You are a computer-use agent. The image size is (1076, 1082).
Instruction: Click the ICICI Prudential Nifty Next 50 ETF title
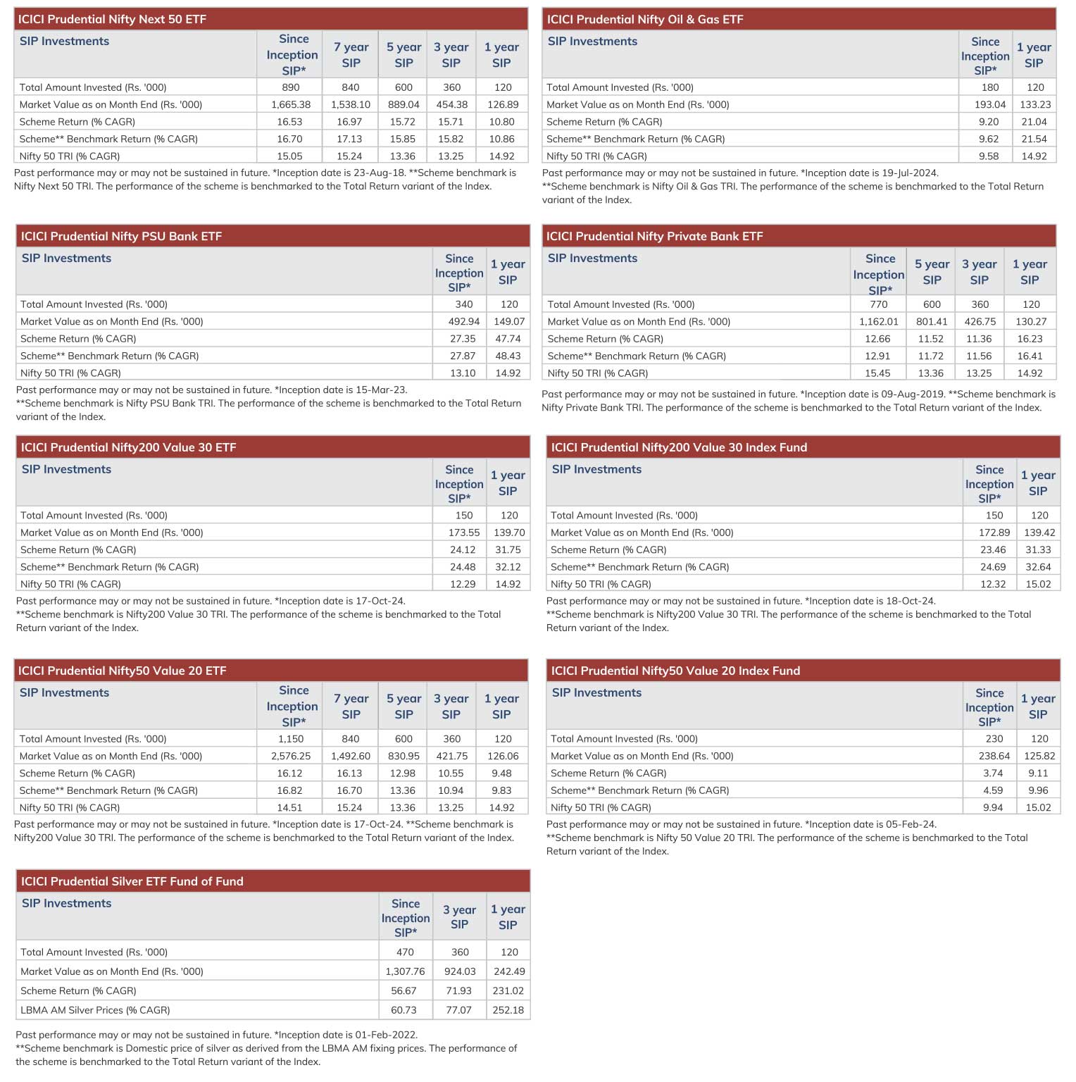click(x=113, y=19)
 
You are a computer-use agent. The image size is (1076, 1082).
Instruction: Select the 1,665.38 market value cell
click(x=291, y=104)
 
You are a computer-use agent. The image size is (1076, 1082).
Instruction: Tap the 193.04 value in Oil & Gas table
click(x=990, y=104)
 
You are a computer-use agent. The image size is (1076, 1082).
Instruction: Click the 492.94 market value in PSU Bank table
click(x=464, y=321)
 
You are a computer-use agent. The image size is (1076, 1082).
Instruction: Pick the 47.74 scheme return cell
click(x=508, y=339)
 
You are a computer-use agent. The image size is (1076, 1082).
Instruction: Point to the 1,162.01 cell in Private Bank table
click(x=878, y=321)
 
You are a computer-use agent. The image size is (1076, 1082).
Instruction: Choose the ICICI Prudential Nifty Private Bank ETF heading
click(x=654, y=236)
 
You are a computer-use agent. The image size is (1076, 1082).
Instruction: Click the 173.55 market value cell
click(x=464, y=533)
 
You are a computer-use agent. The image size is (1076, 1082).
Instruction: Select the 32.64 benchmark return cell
click(x=1038, y=567)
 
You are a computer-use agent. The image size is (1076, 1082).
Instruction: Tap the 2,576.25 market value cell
click(x=291, y=756)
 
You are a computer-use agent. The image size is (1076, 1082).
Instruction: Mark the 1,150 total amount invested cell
click(x=291, y=739)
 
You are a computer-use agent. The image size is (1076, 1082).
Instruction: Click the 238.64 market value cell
click(x=994, y=756)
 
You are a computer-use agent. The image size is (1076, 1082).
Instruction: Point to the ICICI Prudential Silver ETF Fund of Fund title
click(x=132, y=881)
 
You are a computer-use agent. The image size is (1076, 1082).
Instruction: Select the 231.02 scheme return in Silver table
click(x=508, y=990)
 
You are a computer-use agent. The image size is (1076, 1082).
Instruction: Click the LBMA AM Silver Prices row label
click(x=95, y=1010)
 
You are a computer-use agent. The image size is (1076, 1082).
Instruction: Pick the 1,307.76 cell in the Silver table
click(x=405, y=971)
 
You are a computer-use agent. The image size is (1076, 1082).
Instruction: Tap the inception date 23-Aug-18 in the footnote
click(x=380, y=173)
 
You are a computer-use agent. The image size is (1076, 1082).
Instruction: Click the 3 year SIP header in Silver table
click(x=459, y=916)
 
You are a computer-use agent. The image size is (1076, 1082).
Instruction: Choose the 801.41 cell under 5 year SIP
click(x=932, y=321)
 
